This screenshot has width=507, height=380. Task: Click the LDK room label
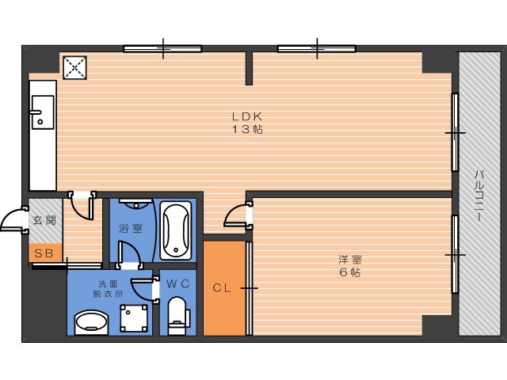point(246,116)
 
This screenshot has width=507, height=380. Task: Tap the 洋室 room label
point(350,260)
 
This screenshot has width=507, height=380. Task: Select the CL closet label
point(222,288)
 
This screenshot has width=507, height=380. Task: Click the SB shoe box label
point(44,253)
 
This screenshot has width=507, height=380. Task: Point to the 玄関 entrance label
point(44,220)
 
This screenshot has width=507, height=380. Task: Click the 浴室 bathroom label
point(131,229)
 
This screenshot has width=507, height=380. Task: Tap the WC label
point(177,283)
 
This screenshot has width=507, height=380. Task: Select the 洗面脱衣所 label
point(108,289)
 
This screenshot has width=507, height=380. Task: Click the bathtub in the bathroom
point(176,230)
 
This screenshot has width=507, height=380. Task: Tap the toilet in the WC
point(177,316)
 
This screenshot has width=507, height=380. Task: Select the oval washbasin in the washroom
point(91,323)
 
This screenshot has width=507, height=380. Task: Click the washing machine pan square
point(134,318)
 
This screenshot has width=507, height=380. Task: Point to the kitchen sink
point(43,112)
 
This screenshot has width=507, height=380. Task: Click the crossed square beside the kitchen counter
point(75,67)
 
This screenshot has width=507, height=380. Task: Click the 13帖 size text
point(247,130)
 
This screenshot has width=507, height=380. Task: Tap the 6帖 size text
point(350,272)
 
